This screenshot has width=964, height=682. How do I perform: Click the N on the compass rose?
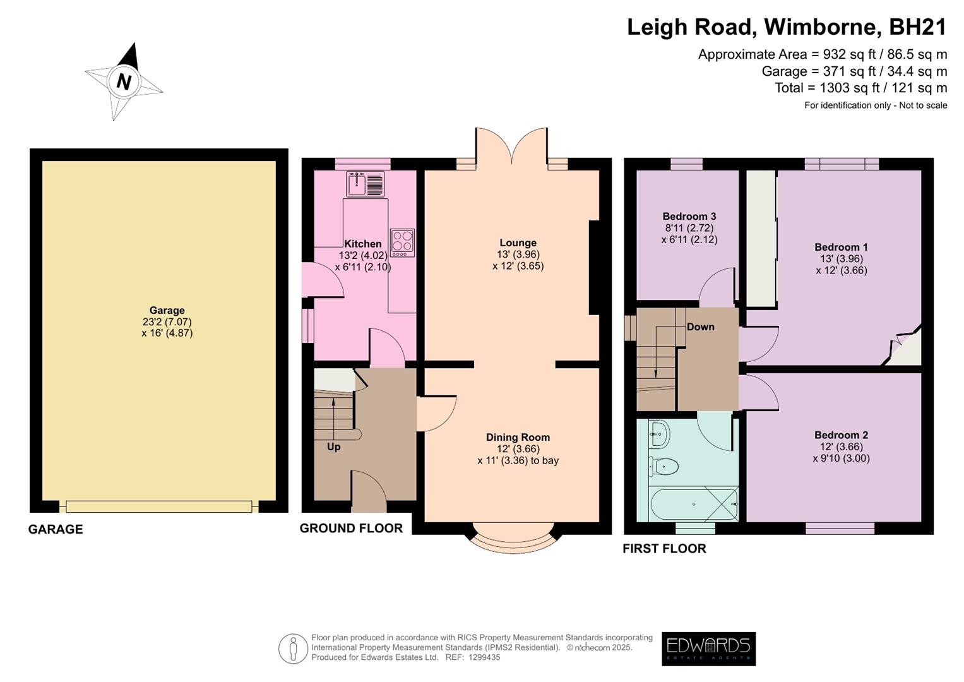[124, 82]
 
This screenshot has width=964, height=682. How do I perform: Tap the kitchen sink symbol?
[365, 184]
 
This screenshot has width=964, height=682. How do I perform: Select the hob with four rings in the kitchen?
[402, 242]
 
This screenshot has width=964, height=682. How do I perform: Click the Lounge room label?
[518, 243]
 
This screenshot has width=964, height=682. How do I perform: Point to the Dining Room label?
[518, 437]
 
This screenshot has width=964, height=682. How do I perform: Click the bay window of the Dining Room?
[513, 539]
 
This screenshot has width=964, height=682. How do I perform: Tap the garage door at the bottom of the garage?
[159, 506]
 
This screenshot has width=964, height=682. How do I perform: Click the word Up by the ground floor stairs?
[333, 447]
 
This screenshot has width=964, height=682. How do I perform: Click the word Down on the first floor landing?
[700, 326]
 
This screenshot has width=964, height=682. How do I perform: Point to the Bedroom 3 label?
[689, 217]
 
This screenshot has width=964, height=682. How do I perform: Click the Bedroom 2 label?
[841, 435]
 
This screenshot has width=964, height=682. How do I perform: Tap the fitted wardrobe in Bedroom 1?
[761, 238]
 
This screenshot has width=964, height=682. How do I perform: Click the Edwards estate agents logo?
[708, 649]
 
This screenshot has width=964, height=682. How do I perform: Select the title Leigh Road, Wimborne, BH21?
[787, 27]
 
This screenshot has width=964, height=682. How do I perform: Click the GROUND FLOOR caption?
[351, 529]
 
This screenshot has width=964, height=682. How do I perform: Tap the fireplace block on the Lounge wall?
[594, 267]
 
